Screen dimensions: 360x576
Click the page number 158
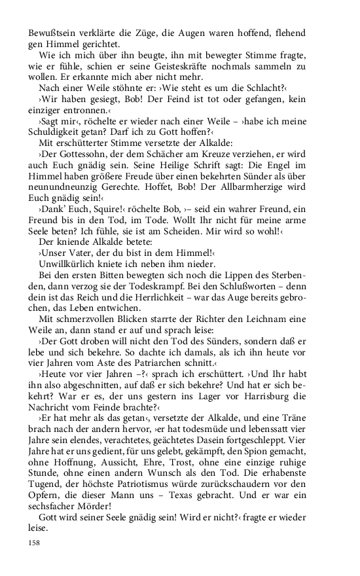pos(35,543)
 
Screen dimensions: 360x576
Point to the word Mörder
pos(96,518)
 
